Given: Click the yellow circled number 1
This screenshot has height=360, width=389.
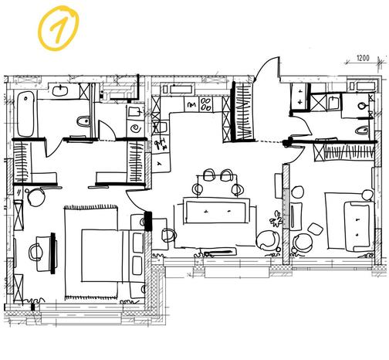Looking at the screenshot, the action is pyautogui.click(x=59, y=28).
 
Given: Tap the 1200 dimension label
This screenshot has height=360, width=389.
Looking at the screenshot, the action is pyautogui.click(x=363, y=58).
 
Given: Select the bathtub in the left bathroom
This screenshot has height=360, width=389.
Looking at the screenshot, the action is pyautogui.click(x=25, y=114).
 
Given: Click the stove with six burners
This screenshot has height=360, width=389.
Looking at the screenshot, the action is pyautogui.click(x=206, y=104).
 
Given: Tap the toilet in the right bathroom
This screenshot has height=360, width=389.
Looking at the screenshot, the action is pyautogui.click(x=363, y=131).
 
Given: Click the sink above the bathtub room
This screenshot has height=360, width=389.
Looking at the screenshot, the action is pyautogui.click(x=60, y=90).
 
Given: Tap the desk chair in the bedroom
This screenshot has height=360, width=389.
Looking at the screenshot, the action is pyautogui.click(x=35, y=252).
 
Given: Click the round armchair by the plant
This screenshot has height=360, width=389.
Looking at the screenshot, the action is pyautogui.click(x=268, y=240).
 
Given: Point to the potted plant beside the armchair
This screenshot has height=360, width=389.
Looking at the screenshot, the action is pyautogui.click(x=276, y=219).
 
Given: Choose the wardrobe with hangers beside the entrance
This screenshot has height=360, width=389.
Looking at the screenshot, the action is pyautogui.click(x=243, y=111).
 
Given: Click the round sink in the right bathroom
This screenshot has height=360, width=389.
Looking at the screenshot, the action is pyautogui.click(x=363, y=105).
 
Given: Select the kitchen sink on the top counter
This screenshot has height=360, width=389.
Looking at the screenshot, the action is pyautogui.click(x=178, y=90).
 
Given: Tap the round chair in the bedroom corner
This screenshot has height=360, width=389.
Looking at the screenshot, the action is pyautogui.click(x=36, y=197).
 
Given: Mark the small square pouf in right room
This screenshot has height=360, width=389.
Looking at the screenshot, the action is pyautogui.click(x=315, y=229).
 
